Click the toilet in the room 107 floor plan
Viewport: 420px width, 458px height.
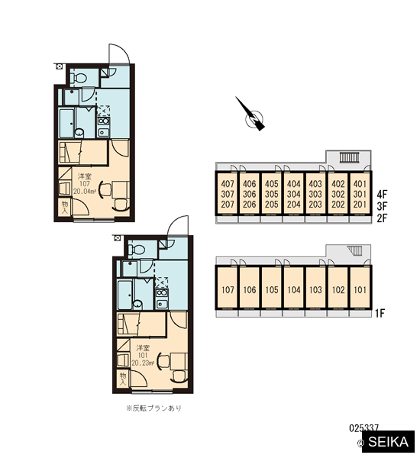click(79, 78)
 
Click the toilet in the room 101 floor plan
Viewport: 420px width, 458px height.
click(137, 250)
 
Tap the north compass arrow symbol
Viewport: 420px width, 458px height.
click(252, 115)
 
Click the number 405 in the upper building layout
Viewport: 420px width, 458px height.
click(272, 184)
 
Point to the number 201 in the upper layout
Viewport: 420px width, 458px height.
click(360, 204)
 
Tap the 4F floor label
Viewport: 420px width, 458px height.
click(382, 194)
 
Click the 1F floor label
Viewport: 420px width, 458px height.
click(380, 314)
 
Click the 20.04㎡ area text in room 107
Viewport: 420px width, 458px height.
click(85, 192)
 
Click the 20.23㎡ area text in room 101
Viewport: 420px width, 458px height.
click(143, 363)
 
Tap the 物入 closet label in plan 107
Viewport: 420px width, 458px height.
click(65, 208)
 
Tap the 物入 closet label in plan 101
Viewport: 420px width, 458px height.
click(123, 379)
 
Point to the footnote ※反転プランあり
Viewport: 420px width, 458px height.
click(153, 408)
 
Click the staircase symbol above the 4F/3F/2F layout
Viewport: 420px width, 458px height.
click(349, 158)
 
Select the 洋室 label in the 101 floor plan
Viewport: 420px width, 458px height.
click(143, 348)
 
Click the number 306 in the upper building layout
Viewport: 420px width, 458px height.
click(249, 194)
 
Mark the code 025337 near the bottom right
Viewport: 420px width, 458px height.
click(364, 428)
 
